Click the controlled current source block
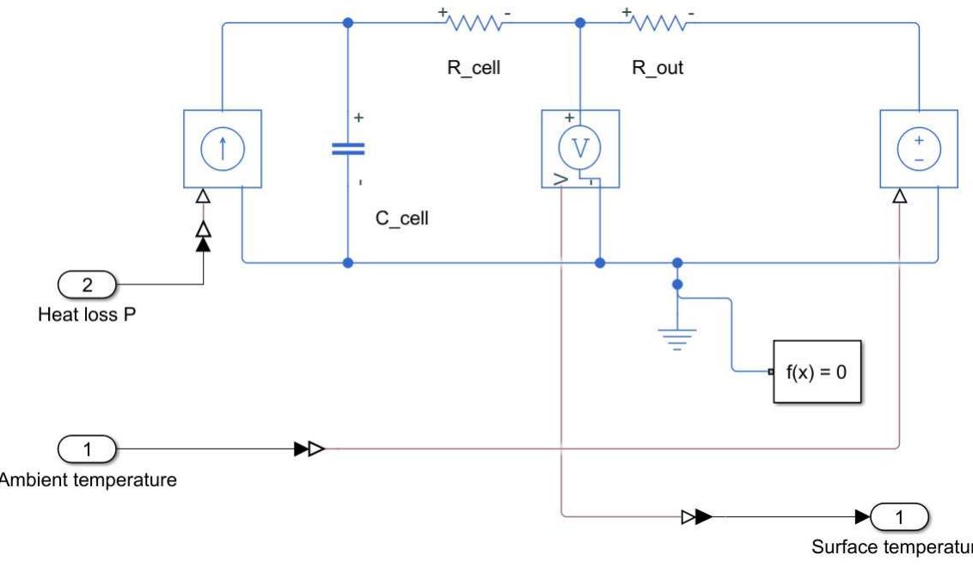(x=222, y=149)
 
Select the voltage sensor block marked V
(x=580, y=149)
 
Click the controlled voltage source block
(x=919, y=149)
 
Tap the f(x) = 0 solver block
(x=817, y=372)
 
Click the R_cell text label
(x=474, y=69)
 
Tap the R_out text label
(x=658, y=69)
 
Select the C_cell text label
(x=401, y=218)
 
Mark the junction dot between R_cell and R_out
(x=580, y=23)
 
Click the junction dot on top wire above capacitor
(x=347, y=23)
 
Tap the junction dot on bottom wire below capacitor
(x=347, y=262)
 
